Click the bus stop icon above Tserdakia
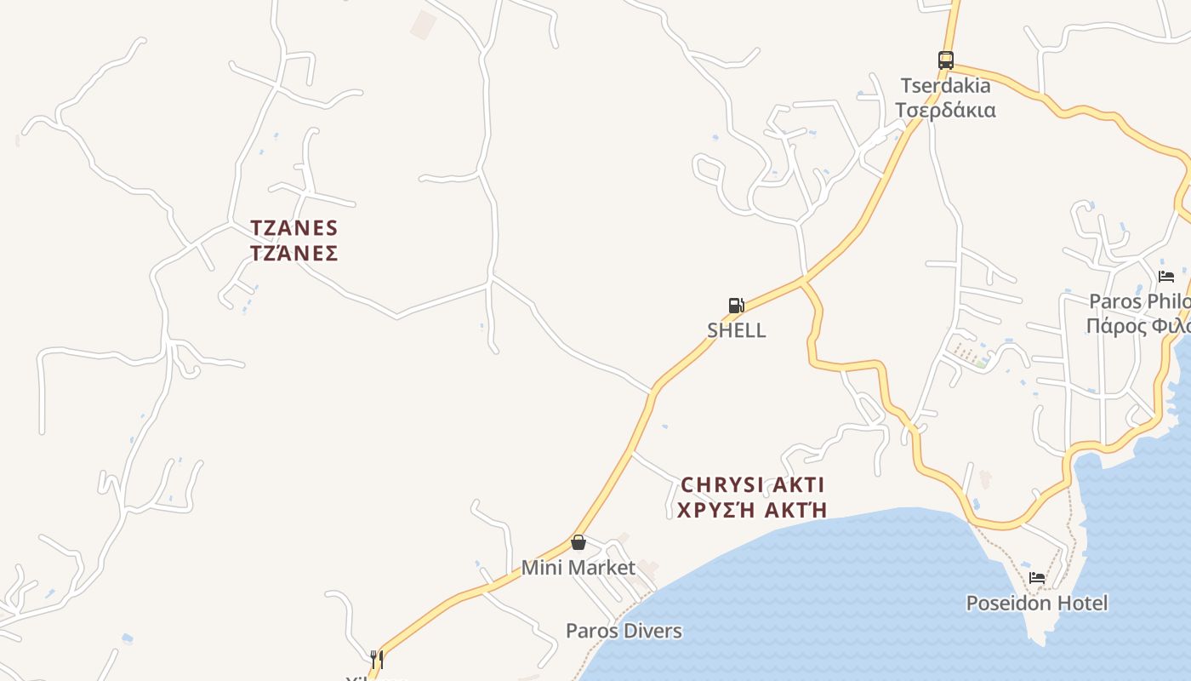click(x=945, y=60)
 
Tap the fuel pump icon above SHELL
click(x=736, y=306)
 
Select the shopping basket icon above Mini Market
click(x=578, y=542)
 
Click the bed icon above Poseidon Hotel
click(x=1037, y=578)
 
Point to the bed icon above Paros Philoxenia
click(x=1166, y=277)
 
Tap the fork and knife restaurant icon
click(x=377, y=659)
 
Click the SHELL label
click(x=737, y=330)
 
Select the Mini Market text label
click(x=578, y=568)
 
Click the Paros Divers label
click(x=624, y=631)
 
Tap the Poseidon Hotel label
click(x=1036, y=604)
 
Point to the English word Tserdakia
click(x=946, y=86)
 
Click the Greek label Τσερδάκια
click(x=945, y=111)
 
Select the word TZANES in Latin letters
click(x=294, y=228)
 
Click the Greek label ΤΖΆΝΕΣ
click(x=294, y=254)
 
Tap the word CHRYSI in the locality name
click(x=718, y=485)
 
